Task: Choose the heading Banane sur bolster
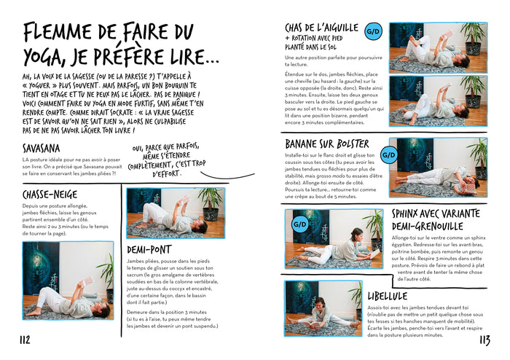326,144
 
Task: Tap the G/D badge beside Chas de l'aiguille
373,31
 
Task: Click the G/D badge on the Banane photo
389,154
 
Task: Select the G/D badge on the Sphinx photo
299,224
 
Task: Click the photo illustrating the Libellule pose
322,308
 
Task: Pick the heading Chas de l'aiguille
321,28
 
